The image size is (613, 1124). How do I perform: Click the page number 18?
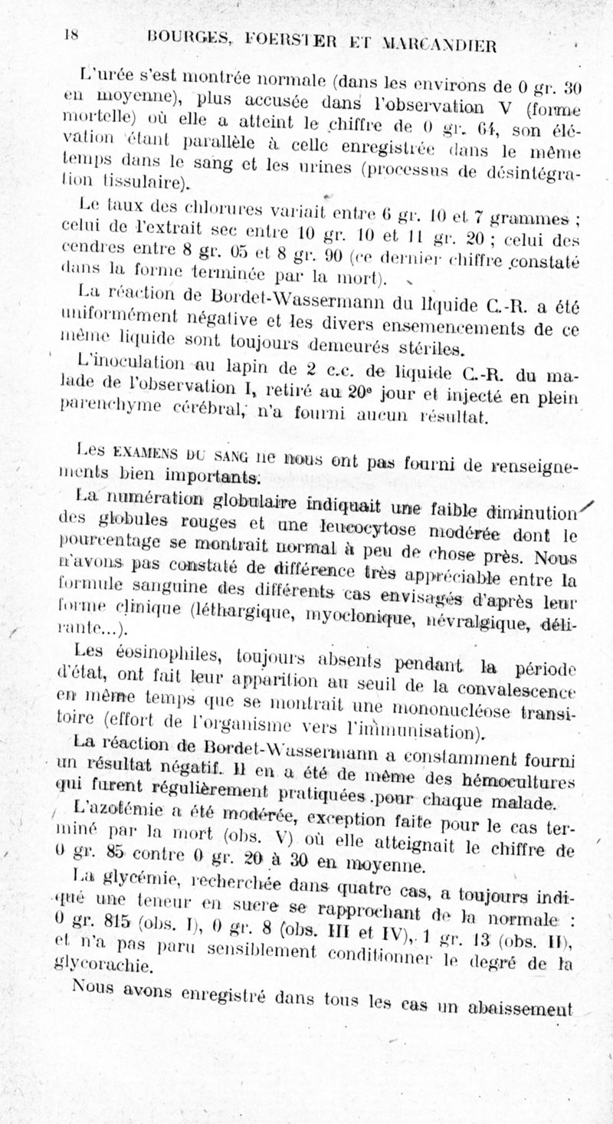(72, 34)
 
